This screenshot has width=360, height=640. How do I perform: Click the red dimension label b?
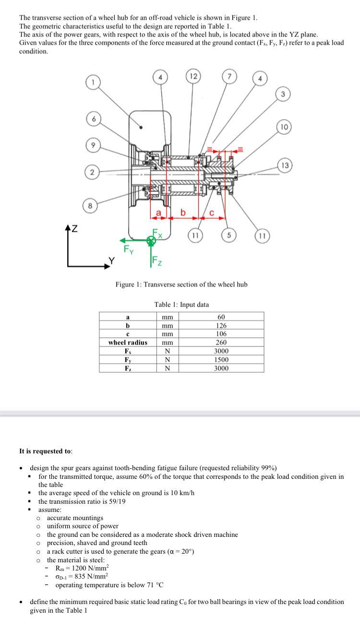(182, 212)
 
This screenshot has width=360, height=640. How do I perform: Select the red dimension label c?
(212, 213)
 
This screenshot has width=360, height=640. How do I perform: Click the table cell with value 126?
(221, 325)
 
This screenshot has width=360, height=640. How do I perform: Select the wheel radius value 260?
(221, 343)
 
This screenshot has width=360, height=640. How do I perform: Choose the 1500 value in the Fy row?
(221, 359)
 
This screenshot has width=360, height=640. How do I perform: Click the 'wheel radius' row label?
(128, 343)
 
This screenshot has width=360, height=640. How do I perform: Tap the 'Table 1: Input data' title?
(181, 304)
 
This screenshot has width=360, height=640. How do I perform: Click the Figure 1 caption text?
(181, 284)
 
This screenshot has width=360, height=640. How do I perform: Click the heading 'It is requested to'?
(46, 451)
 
